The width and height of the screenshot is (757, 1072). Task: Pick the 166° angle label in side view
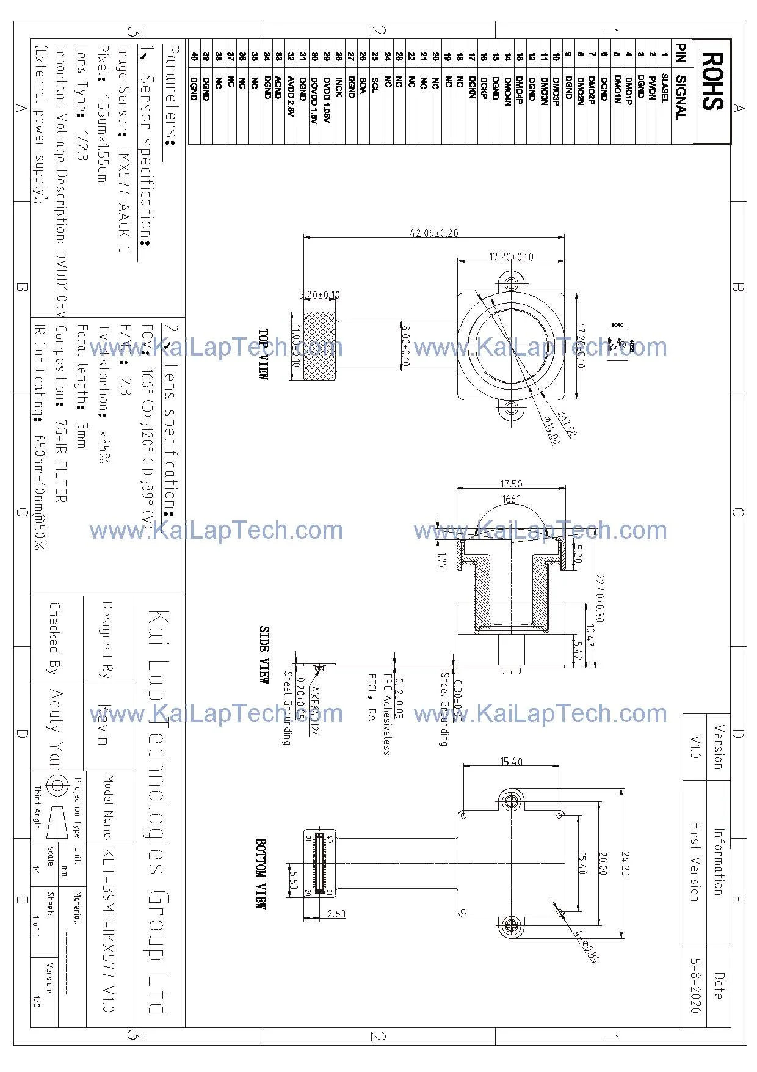click(x=511, y=500)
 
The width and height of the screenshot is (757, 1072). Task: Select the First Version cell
click(x=695, y=861)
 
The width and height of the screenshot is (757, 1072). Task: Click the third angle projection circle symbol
click(x=56, y=786)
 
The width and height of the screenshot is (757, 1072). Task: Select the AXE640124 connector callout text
click(x=314, y=712)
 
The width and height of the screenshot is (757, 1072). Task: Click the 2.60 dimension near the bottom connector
click(x=336, y=914)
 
